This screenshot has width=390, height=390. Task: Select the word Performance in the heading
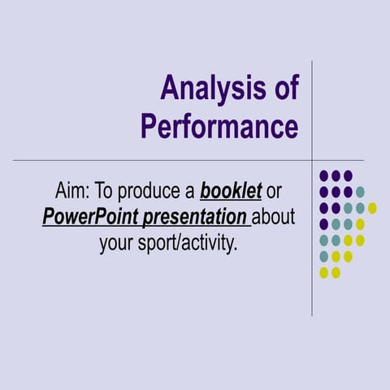pos(219,127)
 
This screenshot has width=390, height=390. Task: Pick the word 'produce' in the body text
pos(153,193)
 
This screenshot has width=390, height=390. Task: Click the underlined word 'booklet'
pos(231,193)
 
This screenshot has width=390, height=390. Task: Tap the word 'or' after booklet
pos(277,193)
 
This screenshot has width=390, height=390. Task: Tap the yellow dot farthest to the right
pos(372,208)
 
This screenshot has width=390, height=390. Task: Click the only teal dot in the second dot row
pos(360,192)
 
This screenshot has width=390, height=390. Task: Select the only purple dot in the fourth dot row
pos(324,224)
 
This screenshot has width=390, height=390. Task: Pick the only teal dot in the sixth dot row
pos(324,257)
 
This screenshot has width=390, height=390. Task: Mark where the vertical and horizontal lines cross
pos(313,160)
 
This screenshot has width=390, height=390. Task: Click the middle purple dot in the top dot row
pos(336,175)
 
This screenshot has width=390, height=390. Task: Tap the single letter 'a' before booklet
pos(189,193)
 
